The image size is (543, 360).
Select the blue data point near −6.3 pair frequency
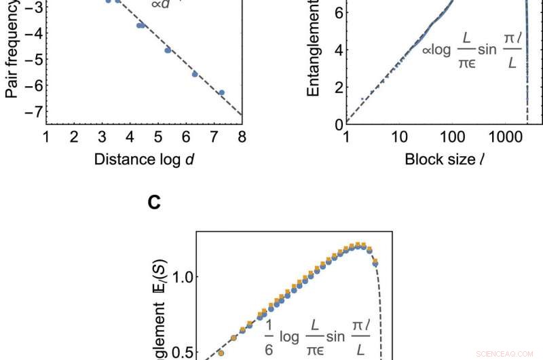pyautogui.click(x=221, y=92)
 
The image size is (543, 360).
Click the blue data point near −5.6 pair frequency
pyautogui.click(x=195, y=74)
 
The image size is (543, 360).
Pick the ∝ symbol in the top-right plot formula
pyautogui.click(x=436, y=49)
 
